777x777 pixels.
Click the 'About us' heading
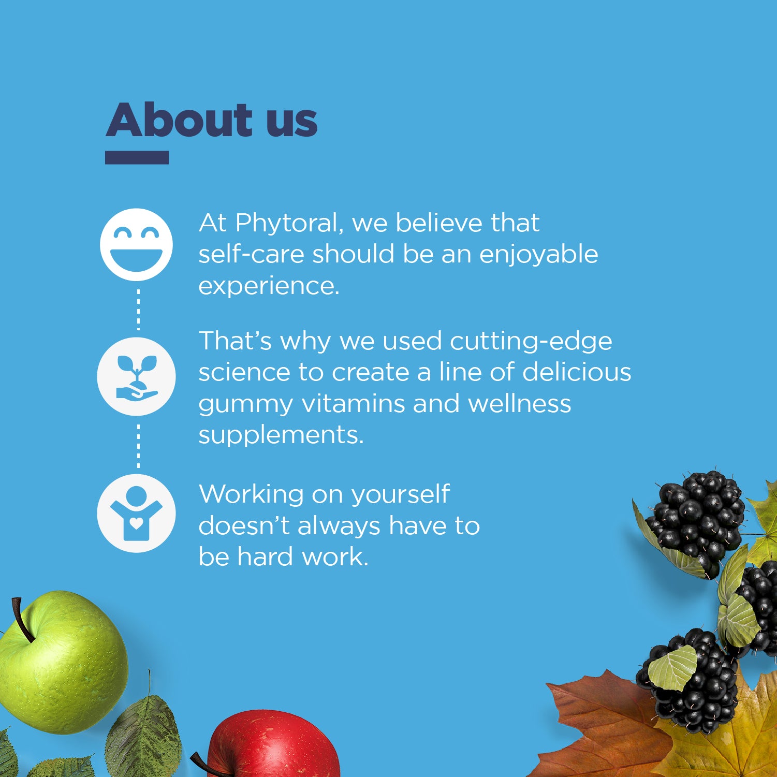point(211,120)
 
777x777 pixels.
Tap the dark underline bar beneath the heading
point(137,157)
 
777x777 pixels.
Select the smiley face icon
point(136,244)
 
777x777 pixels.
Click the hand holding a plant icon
point(136,376)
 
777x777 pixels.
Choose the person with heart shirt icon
point(136,513)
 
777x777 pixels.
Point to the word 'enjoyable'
point(538,255)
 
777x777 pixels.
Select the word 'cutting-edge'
point(531,342)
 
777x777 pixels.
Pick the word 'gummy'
point(245,404)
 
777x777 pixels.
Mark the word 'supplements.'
point(281,435)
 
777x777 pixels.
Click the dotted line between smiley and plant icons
point(138,309)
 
